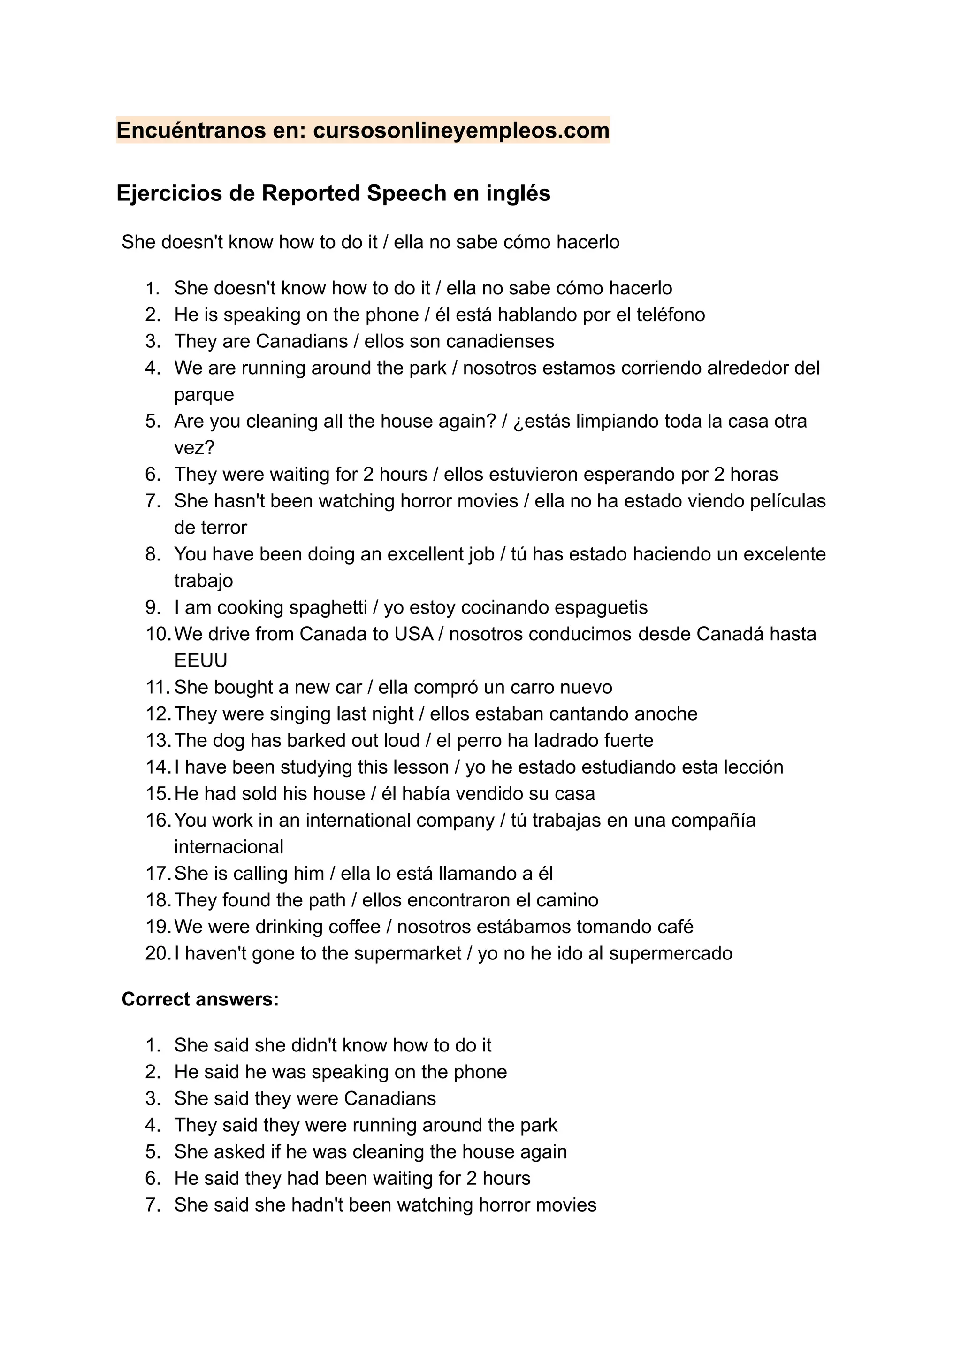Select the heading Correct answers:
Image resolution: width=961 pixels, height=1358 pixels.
(200, 999)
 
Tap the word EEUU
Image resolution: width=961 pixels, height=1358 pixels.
(201, 660)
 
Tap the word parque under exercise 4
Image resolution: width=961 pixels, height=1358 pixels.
(204, 395)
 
